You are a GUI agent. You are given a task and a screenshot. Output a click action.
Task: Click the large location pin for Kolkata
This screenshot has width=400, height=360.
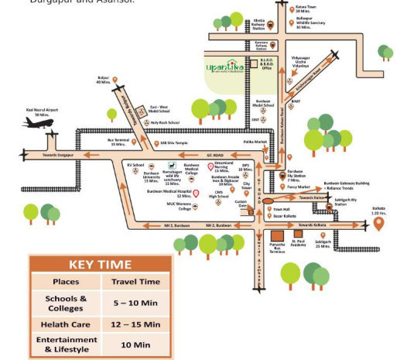(x=378, y=224)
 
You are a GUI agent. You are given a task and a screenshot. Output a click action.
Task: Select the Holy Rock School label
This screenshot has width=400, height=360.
(x=165, y=122)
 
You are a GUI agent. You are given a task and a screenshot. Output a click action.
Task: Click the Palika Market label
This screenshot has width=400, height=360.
(x=244, y=142)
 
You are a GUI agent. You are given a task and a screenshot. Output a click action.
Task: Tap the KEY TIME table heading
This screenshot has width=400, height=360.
(x=94, y=265)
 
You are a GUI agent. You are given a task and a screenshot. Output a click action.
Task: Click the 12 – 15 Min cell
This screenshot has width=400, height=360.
(x=135, y=324)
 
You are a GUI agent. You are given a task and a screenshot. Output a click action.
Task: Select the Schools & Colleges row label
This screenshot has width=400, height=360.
(x=66, y=303)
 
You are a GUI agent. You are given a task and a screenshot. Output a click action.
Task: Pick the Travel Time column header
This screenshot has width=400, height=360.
(x=135, y=282)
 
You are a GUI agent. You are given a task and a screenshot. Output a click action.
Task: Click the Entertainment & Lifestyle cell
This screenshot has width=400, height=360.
(x=66, y=345)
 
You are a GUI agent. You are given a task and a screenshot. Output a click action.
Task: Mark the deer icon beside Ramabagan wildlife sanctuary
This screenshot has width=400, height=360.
(x=171, y=166)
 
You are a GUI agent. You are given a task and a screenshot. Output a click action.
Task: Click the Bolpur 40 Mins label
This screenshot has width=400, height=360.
(x=104, y=80)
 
